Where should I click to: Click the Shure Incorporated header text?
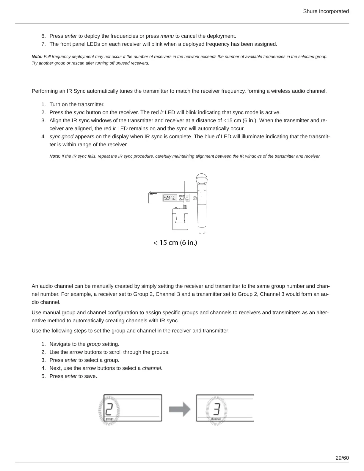tap(326, 11)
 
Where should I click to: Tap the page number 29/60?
tap(342, 458)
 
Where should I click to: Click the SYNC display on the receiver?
tap(170, 198)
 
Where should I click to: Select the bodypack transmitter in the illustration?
tap(180, 219)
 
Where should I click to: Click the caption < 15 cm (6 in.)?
tap(175, 243)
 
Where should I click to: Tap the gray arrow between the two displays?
tap(180, 409)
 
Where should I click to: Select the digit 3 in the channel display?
tap(216, 407)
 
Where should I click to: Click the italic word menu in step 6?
tap(167, 36)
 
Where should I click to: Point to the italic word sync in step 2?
tap(79, 112)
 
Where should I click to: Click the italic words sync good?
tap(61, 136)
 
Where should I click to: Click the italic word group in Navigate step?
tap(94, 344)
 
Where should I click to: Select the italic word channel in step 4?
tap(151, 368)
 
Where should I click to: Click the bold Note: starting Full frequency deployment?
tap(37, 56)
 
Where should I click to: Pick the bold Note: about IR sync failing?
tap(55, 156)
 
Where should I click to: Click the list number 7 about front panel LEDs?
tap(43, 44)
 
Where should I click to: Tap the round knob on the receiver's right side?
tap(194, 198)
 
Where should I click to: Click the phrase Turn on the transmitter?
tap(77, 104)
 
